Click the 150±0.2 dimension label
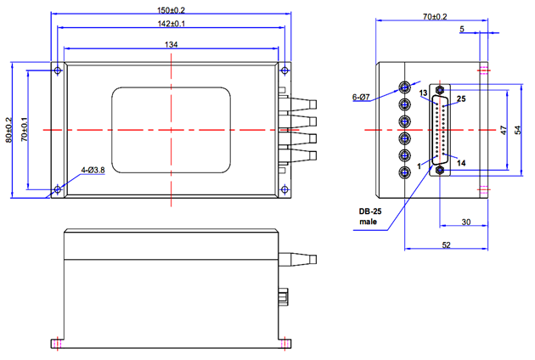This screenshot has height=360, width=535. pos(171,9)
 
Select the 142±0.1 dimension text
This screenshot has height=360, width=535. pos(171,25)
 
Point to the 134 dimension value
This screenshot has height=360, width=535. pos(171,44)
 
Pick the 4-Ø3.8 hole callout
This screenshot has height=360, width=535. pos(92,170)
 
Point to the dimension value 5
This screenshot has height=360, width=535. pos(461,29)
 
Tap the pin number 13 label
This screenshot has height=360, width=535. pos(422,92)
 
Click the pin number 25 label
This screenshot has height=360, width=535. pos(460,99)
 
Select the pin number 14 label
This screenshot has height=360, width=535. pos(459,160)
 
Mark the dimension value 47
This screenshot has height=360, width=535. pos(503,130)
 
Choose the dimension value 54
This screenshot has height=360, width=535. pos(517,130)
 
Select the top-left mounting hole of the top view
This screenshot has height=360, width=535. pos(57,70)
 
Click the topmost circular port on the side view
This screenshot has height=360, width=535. pos(408,87)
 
